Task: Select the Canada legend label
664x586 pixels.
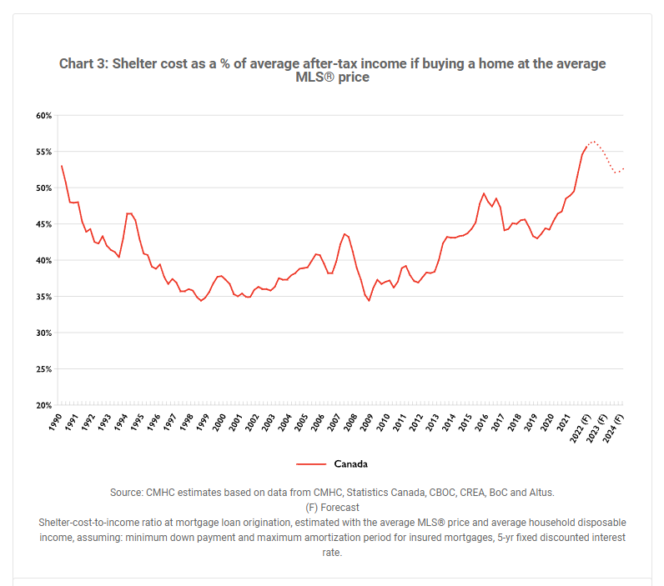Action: (x=350, y=464)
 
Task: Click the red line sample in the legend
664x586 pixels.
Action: (x=310, y=464)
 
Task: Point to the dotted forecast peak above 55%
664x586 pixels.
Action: (x=593, y=142)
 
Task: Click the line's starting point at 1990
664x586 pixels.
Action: (x=61, y=165)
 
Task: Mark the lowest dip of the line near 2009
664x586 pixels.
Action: (x=369, y=300)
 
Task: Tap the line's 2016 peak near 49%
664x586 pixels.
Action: (x=484, y=193)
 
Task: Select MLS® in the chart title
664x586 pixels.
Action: (x=318, y=78)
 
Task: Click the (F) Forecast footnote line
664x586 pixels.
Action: (x=332, y=507)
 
